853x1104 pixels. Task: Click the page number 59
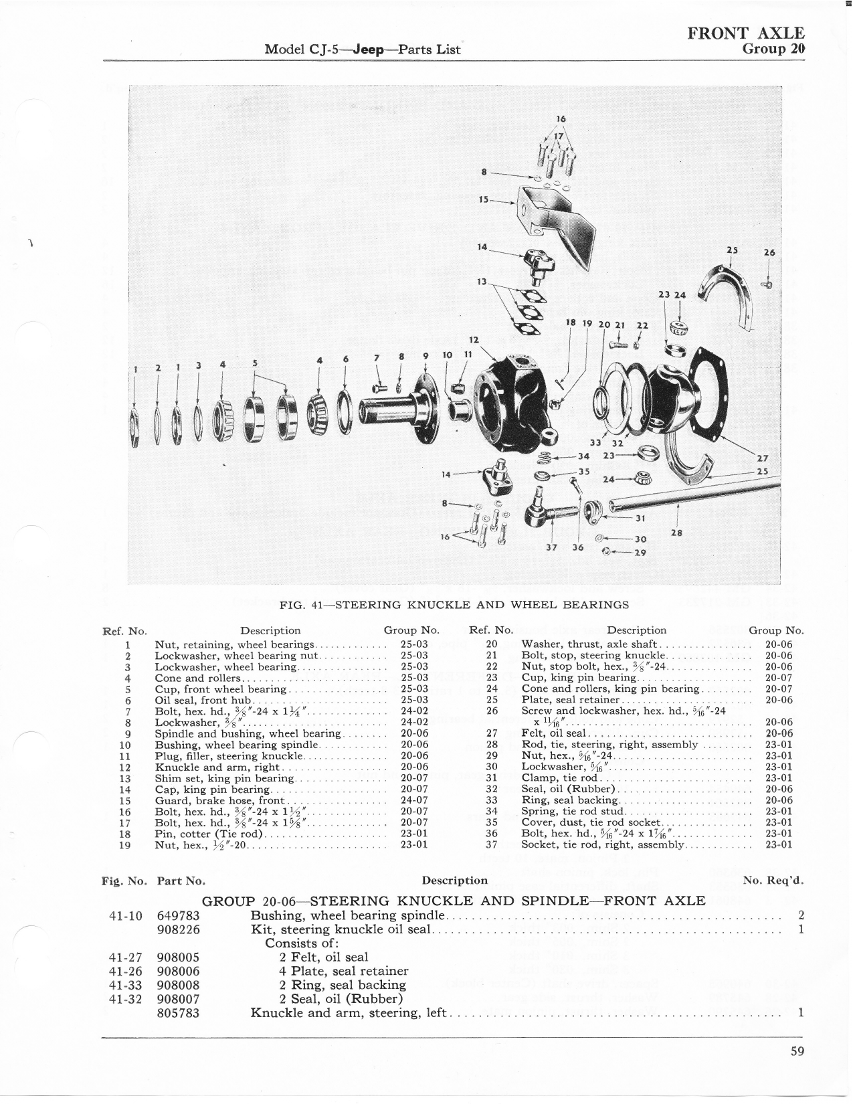pos(797,1050)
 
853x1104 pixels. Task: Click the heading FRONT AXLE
pos(746,33)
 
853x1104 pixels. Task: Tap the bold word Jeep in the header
pos(369,50)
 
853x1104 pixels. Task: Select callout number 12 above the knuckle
pos(474,339)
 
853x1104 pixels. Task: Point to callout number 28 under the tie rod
pos(676,533)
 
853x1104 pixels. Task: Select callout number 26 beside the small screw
pos(769,252)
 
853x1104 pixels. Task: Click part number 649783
pos(179,915)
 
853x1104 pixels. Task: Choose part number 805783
pos(179,1013)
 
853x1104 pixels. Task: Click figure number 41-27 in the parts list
pos(126,957)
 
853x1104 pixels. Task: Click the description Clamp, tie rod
pos(560,778)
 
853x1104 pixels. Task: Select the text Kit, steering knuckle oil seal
pos(341,930)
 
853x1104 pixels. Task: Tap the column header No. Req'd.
pos(773,881)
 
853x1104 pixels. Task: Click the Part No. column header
pos(181,881)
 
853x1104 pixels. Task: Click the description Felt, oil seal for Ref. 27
pos(554,733)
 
